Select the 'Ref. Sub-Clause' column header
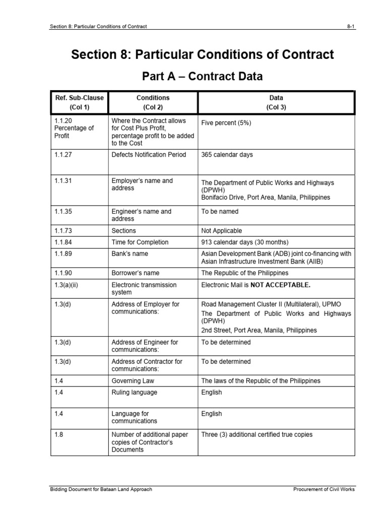click(79, 98)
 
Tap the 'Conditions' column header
click(153, 98)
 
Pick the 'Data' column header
click(276, 98)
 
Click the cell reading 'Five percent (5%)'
click(226, 122)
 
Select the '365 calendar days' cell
click(227, 155)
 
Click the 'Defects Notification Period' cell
click(149, 155)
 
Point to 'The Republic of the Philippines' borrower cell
click(245, 273)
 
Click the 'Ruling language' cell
click(134, 393)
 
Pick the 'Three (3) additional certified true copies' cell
click(256, 434)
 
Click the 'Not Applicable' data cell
click(222, 231)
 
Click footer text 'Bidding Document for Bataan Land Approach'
click(101, 489)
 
